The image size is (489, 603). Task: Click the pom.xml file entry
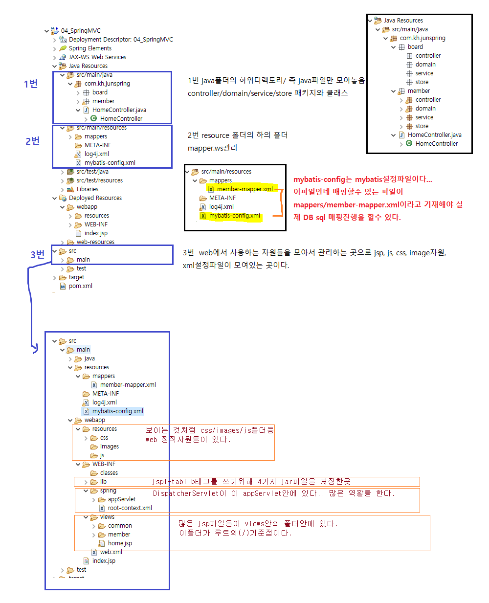coord(80,286)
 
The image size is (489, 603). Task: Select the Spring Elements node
coord(90,48)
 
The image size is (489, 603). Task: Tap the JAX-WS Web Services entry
coord(97,57)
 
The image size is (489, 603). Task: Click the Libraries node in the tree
coord(87,189)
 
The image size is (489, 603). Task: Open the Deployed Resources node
coord(95,198)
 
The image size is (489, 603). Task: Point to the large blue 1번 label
coord(31,84)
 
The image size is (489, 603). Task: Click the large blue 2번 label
coord(32,141)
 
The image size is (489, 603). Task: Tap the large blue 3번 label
coord(37,254)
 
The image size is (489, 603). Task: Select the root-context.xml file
coord(130,508)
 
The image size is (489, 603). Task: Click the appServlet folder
coord(121,499)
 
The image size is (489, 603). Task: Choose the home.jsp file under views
coord(120,543)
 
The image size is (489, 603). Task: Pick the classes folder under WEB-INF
coord(109,473)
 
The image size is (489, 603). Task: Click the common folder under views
coord(120,526)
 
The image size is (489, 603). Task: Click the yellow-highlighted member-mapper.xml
coord(244,189)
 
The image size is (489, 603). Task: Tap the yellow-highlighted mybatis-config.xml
coord(234,216)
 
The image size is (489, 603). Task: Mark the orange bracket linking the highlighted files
coord(282,202)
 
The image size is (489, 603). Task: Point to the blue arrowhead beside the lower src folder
coord(35,349)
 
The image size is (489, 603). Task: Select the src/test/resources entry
coord(99,180)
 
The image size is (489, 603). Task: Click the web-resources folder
coord(95,242)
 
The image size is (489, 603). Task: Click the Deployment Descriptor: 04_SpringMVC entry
coord(121,40)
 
